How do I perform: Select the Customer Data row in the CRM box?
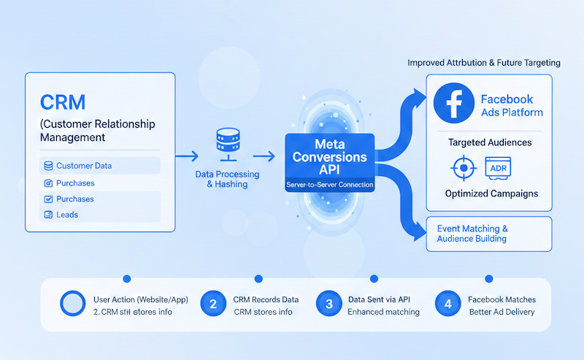tap(83, 166)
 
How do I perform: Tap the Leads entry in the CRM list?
tap(66, 215)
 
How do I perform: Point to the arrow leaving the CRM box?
tap(186, 156)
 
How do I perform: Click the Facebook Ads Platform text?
tap(512, 105)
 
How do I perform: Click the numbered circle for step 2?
tap(213, 305)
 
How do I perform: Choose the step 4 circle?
tap(447, 305)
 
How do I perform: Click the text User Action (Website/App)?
tap(141, 299)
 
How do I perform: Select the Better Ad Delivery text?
tap(502, 312)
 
